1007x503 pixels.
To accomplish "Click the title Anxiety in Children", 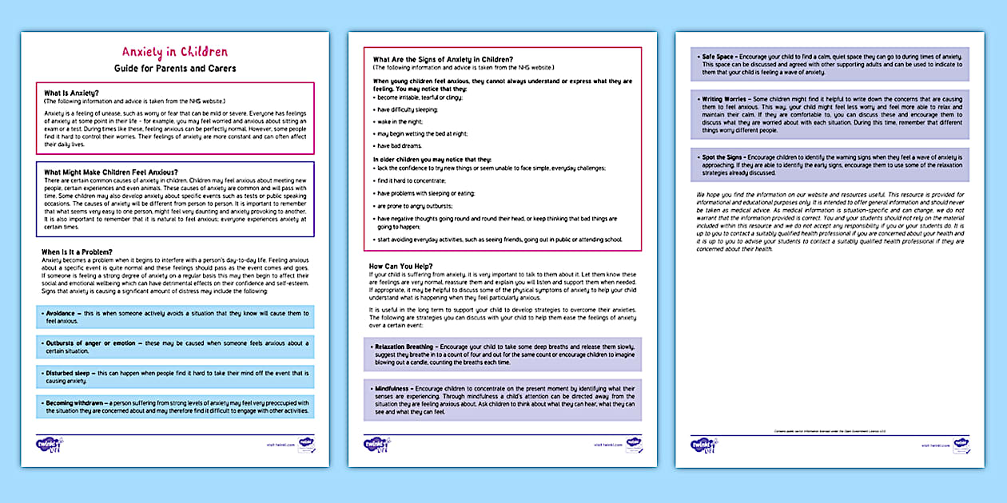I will (174, 53).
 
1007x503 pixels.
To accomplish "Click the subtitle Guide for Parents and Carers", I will (174, 69).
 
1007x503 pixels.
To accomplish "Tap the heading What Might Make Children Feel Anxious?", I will (111, 172).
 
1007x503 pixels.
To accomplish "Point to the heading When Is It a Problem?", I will (83, 252).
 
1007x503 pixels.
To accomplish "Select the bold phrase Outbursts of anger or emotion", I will (88, 343).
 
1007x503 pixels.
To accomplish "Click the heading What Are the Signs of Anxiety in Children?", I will (443, 59).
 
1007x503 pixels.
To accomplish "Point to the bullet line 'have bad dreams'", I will (400, 146).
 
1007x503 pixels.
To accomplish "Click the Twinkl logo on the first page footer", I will (50, 444).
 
